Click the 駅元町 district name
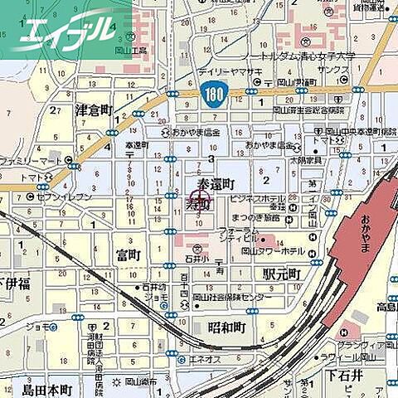coord(281,273)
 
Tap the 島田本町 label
coord(47,390)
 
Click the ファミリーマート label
coord(26,159)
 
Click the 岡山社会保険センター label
coord(232,296)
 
